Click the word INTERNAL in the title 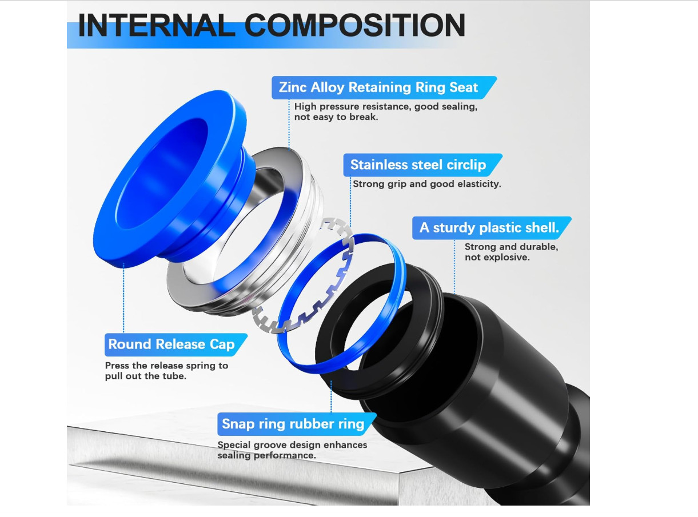[x=157, y=25]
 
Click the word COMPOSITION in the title [x=354, y=25]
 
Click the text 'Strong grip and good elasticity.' [x=426, y=184]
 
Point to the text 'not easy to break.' [x=336, y=117]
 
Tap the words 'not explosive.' [x=497, y=257]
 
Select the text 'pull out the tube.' [x=146, y=376]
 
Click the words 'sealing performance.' [x=266, y=455]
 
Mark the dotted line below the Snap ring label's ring [x=331, y=397]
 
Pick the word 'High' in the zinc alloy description [x=305, y=107]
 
